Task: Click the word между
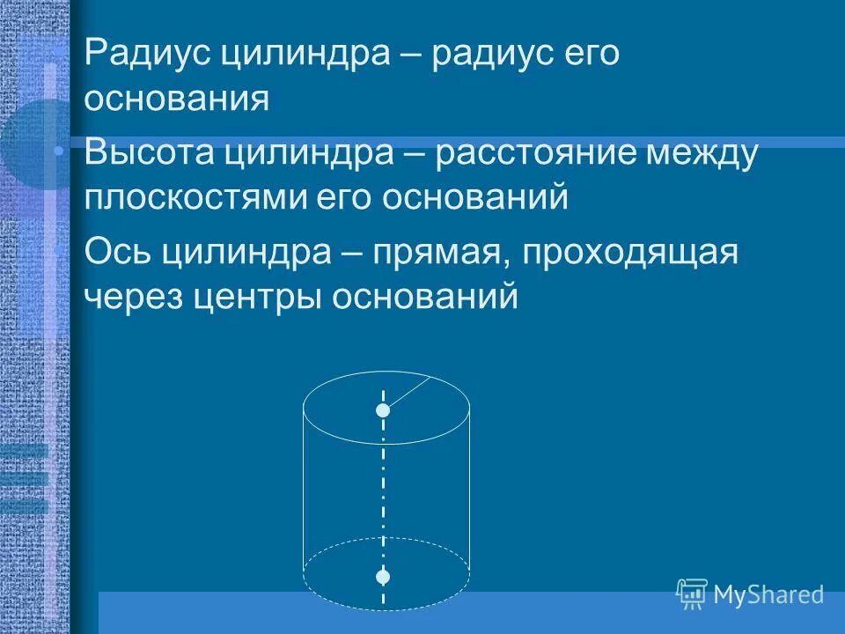pos(702,154)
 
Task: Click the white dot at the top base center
pos(383,410)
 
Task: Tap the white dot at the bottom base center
pos(383,577)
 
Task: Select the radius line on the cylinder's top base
pos(408,393)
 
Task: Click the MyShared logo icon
pos(692,594)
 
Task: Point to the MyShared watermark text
pos(768,595)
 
